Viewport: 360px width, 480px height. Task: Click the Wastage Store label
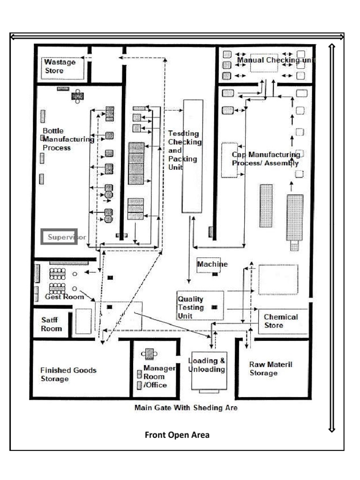pos(60,66)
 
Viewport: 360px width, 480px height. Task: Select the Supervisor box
pos(59,237)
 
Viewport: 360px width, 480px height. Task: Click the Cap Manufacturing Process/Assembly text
pos(266,158)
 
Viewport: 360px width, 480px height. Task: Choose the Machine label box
pos(212,264)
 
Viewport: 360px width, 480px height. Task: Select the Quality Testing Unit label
pos(191,307)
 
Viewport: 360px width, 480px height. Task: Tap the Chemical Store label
pos(280,321)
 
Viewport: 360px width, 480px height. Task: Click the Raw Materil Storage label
pos(270,368)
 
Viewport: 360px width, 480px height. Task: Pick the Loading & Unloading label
pos(206,365)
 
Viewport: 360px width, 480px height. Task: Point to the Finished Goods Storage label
pos(68,374)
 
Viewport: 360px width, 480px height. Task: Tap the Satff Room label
pos(51,324)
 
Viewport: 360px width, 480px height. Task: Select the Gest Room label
pos(64,297)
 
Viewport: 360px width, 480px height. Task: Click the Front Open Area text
pos(177,435)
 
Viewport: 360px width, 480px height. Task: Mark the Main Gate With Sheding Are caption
pos(186,408)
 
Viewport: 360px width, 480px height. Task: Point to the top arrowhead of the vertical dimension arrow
pos(332,46)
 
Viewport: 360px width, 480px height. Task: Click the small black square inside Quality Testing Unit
pos(215,307)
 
